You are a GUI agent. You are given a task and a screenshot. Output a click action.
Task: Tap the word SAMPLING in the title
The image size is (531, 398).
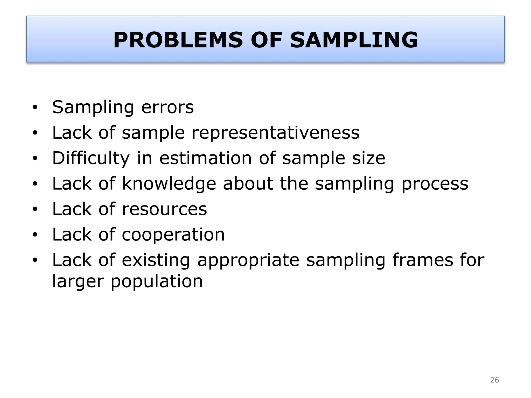(x=354, y=40)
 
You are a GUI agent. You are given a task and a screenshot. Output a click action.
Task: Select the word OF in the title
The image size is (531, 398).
(x=266, y=40)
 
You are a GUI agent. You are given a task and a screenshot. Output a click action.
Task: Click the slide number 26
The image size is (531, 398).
(x=494, y=380)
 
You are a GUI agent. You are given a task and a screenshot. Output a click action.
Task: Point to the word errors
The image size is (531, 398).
(x=167, y=107)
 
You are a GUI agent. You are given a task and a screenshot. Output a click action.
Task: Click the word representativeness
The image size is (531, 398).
(x=275, y=133)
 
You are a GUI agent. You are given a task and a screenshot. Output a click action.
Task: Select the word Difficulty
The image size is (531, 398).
(x=91, y=158)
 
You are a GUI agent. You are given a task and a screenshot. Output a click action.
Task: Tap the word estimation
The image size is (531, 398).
(x=205, y=158)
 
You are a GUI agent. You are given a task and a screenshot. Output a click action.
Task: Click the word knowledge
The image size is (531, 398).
(x=169, y=184)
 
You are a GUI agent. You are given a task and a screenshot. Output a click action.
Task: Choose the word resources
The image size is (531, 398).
(x=164, y=209)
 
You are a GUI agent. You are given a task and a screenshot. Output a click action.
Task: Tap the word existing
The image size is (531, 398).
(x=156, y=260)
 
